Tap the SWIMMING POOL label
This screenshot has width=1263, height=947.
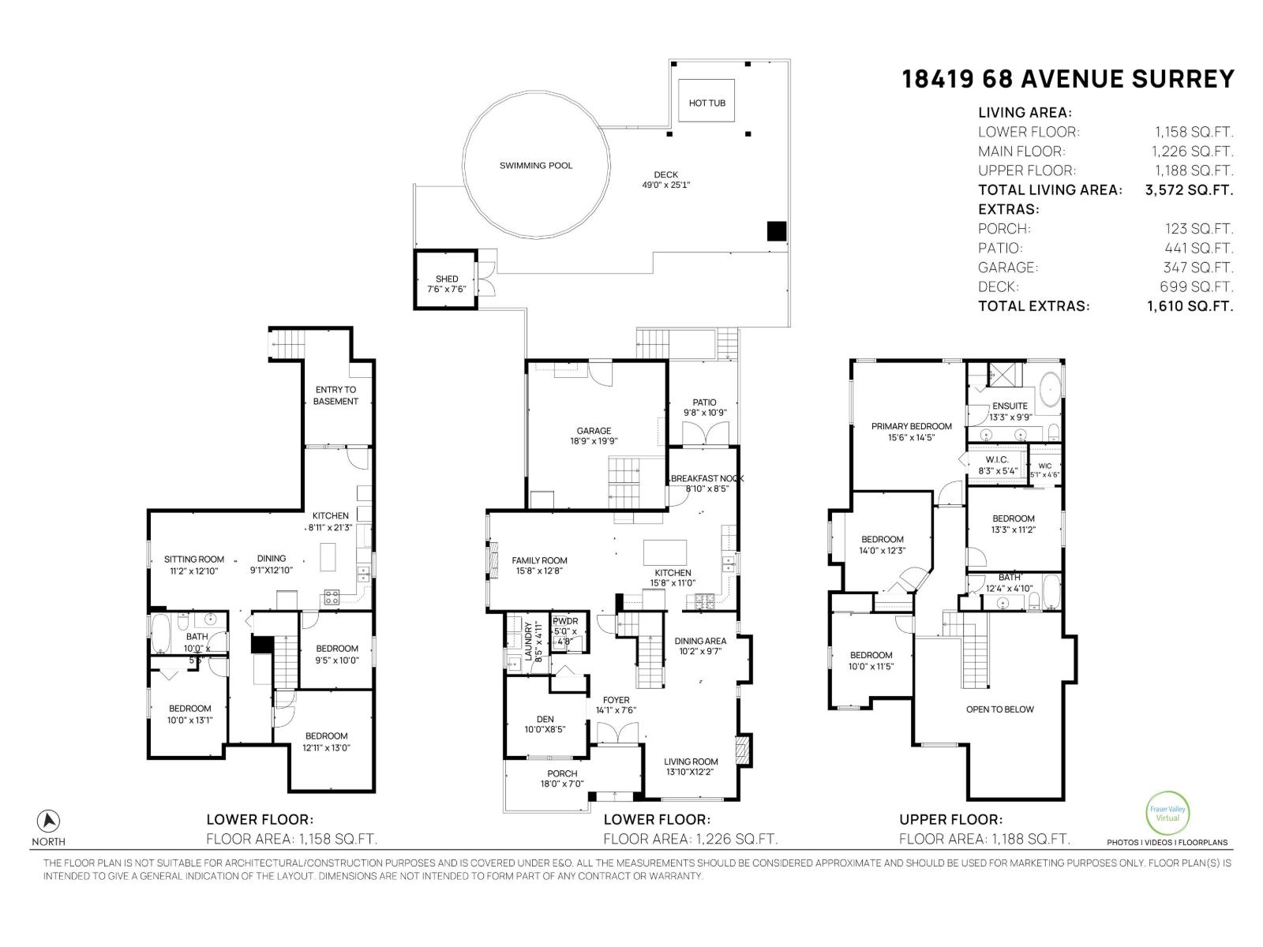pyautogui.click(x=536, y=166)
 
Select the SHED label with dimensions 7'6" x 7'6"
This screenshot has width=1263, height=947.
pyautogui.click(x=447, y=284)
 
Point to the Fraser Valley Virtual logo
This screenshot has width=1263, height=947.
pyautogui.click(x=1167, y=813)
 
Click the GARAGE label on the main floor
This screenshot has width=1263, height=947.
pyautogui.click(x=594, y=436)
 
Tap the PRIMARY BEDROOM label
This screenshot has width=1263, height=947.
pyautogui.click(x=912, y=431)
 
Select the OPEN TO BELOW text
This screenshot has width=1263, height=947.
pyautogui.click(x=1000, y=709)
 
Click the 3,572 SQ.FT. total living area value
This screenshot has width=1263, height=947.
pyautogui.click(x=1189, y=190)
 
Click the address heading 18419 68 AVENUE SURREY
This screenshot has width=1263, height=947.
pyautogui.click(x=1068, y=79)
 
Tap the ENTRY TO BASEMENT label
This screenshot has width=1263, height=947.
pyautogui.click(x=335, y=395)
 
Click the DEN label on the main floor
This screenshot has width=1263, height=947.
pyautogui.click(x=545, y=724)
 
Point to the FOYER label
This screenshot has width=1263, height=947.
pyautogui.click(x=617, y=705)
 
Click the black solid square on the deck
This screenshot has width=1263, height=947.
pyautogui.click(x=778, y=231)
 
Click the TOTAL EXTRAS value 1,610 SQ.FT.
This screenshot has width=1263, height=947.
pyautogui.click(x=1190, y=306)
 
